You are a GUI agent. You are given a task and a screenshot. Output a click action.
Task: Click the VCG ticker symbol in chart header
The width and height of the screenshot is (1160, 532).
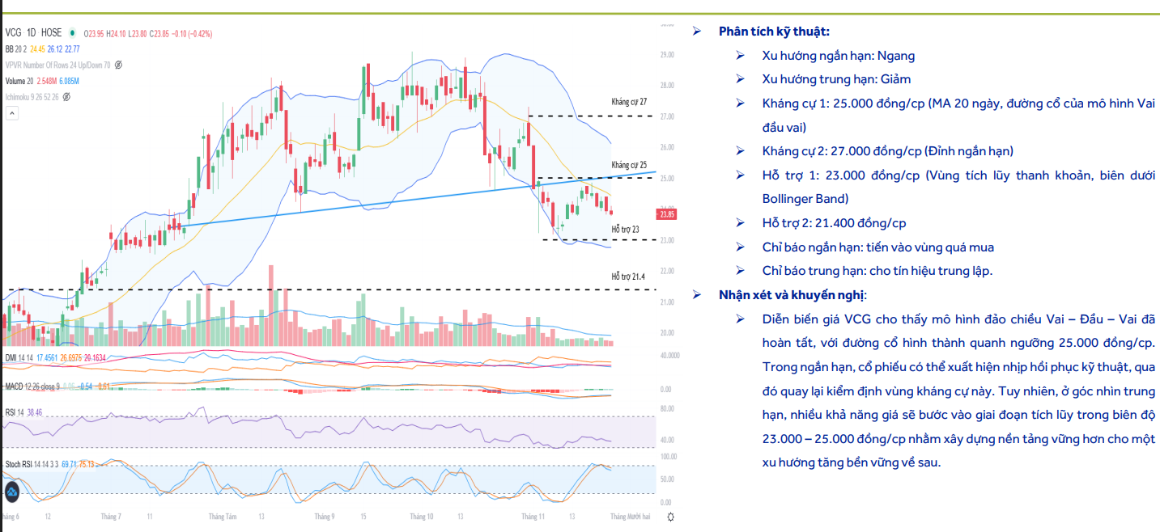13,33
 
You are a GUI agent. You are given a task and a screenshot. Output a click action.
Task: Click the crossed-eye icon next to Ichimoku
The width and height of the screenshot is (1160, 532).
66,97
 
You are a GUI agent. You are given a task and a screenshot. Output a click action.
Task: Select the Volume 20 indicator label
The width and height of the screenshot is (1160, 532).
19,81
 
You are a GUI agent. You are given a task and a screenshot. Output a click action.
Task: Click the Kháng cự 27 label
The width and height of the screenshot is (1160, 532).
629,103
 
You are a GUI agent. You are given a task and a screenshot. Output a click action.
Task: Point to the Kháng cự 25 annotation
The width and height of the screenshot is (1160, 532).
629,164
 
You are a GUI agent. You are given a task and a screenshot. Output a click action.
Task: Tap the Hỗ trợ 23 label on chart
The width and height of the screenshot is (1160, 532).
625,230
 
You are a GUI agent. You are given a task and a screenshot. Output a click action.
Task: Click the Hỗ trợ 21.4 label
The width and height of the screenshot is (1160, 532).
628,277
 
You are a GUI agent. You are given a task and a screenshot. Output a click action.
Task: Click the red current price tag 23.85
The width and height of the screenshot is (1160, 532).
667,214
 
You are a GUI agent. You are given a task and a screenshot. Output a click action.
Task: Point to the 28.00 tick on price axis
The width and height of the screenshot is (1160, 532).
667,86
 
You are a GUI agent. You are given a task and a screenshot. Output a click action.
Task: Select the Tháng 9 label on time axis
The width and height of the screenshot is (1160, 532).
324,516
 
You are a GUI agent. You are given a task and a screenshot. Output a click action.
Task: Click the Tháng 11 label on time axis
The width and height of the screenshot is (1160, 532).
533,516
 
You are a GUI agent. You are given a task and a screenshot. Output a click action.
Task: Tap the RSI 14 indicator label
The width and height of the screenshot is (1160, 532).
15,412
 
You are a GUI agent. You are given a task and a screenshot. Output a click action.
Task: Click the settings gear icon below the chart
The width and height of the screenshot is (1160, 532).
670,516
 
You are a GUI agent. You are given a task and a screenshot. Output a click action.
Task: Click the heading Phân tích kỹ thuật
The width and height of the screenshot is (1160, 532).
774,32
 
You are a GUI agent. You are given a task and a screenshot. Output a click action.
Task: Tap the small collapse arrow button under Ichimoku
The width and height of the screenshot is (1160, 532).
11,113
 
